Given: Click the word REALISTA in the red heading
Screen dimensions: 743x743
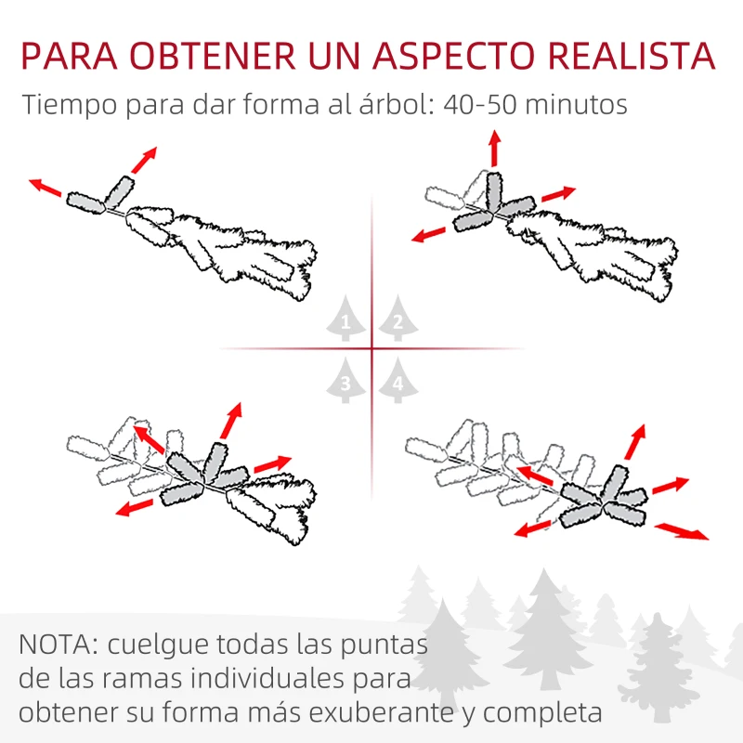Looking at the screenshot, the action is (632, 56).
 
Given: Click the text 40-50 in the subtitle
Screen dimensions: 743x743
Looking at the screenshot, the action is (479, 104).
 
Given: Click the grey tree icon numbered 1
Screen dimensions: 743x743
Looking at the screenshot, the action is (345, 318).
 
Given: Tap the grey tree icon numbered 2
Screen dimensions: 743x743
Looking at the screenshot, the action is (398, 318).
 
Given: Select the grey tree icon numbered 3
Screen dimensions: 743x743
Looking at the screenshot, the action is (345, 381).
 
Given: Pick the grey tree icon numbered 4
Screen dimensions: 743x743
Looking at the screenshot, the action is (398, 381).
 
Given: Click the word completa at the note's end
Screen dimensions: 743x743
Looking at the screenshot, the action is (542, 713).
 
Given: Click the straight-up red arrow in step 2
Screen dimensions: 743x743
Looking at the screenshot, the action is (495, 149).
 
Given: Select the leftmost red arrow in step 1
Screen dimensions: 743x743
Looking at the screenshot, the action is (46, 188).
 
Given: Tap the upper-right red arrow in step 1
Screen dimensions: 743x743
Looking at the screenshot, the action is (144, 160).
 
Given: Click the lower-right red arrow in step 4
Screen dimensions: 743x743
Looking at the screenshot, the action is (682, 530).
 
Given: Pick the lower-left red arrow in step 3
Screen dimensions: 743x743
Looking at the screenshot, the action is (135, 507).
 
